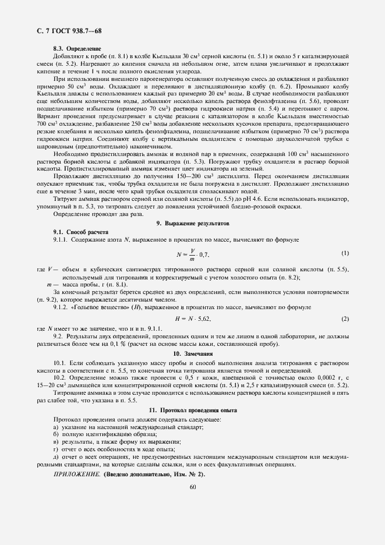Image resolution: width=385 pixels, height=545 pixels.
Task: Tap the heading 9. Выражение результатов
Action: [193, 223]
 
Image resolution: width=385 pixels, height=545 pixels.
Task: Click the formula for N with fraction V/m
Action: [193, 254]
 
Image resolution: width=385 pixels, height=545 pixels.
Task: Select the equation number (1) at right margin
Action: [345, 253]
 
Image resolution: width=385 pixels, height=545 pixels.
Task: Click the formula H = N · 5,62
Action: [193, 319]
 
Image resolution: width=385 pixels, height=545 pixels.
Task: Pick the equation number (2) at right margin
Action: [345, 319]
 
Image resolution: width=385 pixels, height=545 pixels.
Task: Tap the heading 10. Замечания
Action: [192, 353]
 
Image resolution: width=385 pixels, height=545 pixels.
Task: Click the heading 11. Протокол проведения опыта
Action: [193, 410]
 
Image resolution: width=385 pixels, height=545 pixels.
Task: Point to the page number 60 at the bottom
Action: [192, 487]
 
